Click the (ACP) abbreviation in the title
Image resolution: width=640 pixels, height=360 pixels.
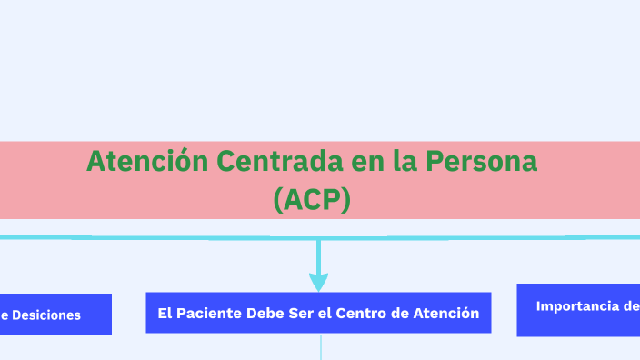312,199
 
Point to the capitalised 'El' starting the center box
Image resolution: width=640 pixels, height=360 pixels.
165,314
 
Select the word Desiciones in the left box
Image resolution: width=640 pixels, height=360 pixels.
46,315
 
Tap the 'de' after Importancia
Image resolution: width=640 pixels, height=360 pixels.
631,306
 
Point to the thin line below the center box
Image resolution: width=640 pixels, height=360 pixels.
321,346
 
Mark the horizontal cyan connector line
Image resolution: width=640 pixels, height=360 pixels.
182,237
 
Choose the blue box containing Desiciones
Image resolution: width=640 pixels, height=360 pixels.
55,315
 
